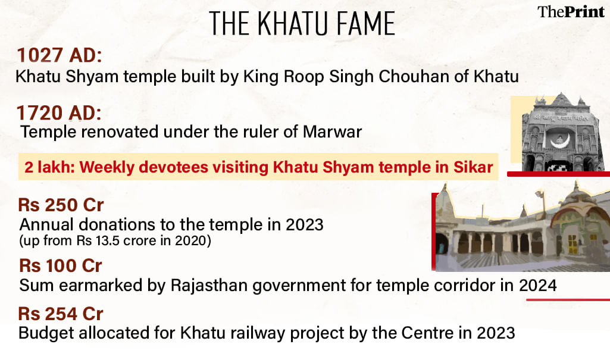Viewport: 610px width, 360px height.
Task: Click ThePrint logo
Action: click(x=571, y=12)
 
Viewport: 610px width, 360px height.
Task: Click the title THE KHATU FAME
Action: click(x=302, y=24)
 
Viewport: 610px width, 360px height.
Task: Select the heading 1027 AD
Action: click(x=60, y=55)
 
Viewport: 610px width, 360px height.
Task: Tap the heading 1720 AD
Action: click(x=59, y=113)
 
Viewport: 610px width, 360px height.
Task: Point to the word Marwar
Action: click(x=332, y=132)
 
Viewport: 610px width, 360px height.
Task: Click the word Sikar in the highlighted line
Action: click(x=473, y=167)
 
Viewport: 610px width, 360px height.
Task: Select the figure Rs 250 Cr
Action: click(x=61, y=205)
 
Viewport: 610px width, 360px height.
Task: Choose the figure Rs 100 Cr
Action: click(x=61, y=266)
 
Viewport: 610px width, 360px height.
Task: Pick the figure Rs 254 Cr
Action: click(x=61, y=314)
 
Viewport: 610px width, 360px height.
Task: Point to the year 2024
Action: click(x=538, y=286)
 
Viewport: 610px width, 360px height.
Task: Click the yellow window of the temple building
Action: click(x=573, y=244)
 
